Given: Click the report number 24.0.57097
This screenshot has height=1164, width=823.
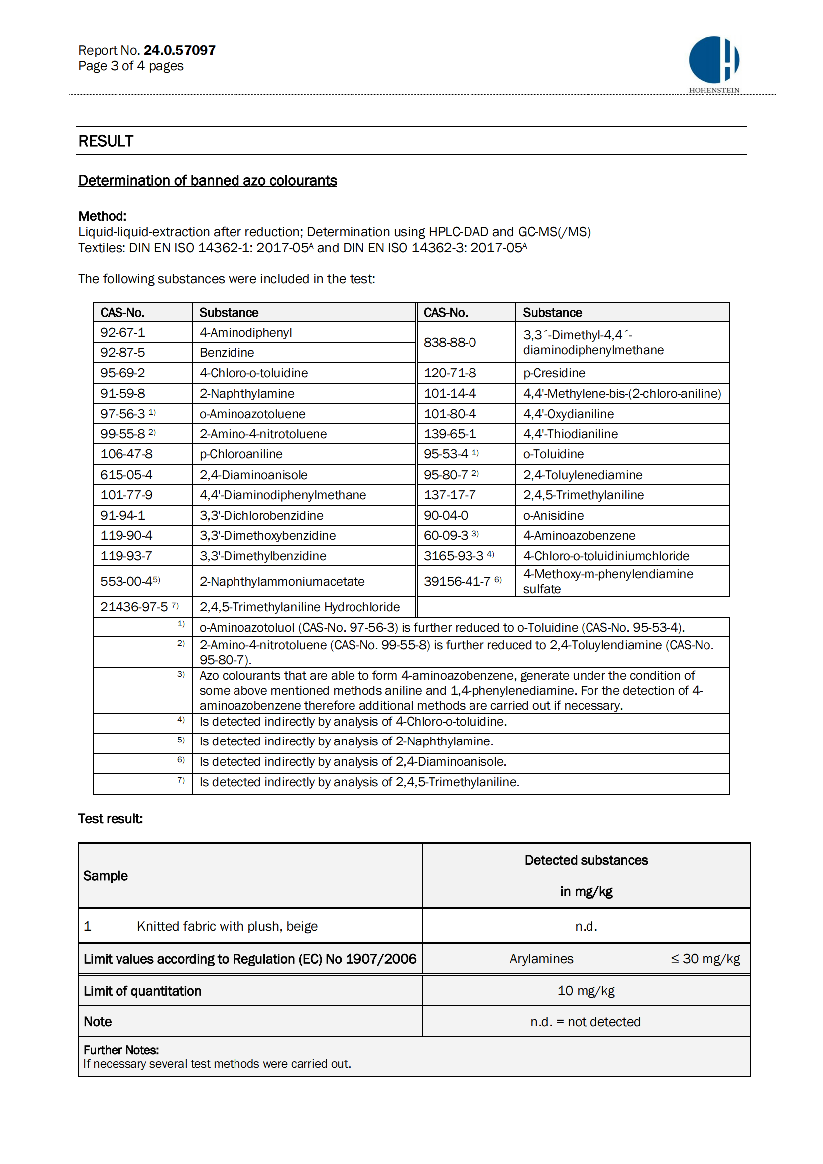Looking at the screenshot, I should click(x=180, y=50).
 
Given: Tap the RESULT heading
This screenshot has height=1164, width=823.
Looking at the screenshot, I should click(x=106, y=141).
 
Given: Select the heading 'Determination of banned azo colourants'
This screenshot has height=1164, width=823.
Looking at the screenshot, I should click(x=208, y=181).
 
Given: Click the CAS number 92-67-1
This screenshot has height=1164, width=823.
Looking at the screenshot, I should click(x=122, y=332).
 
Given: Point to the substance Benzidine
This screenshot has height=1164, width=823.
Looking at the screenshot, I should click(x=227, y=352).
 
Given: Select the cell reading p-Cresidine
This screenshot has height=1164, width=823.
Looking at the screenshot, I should click(x=554, y=373).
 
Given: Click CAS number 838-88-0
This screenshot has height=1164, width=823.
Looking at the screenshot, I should click(x=450, y=343).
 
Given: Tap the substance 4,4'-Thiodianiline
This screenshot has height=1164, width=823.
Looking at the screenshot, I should click(x=571, y=434).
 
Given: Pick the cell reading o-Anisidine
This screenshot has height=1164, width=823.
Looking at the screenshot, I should click(x=553, y=515).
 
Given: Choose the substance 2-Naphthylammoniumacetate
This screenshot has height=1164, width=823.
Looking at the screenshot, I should click(x=282, y=581).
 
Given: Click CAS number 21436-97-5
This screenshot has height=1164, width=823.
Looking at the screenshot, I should click(x=134, y=607).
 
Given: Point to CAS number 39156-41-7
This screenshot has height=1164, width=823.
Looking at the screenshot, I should click(x=458, y=581).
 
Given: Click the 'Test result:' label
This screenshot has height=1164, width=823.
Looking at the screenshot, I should click(x=111, y=819).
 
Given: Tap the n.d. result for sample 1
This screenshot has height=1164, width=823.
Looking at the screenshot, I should click(x=586, y=926).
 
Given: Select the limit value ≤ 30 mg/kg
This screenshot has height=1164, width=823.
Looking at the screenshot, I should click(x=705, y=959).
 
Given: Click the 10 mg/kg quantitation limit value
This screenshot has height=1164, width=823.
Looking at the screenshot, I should click(x=586, y=991).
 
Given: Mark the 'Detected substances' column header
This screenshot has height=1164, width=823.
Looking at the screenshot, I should click(x=586, y=860).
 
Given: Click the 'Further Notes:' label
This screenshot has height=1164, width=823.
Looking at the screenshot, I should click(x=121, y=1050).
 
